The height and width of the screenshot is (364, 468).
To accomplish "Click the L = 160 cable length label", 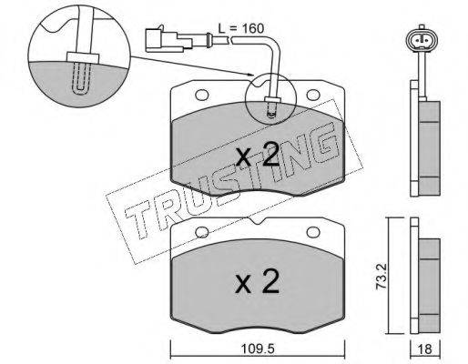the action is coord(241,28).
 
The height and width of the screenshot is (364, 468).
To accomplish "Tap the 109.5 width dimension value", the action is coord(258,349).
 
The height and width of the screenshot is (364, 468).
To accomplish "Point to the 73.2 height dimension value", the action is coord(382,276).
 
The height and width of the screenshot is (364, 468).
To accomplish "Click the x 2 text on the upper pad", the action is coord(258,155).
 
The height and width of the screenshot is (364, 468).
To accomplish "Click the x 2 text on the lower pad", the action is coord(257,281).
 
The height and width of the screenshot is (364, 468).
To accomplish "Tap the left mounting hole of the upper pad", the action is coord(201,95).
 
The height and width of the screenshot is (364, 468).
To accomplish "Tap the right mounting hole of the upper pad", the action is coord(313,95).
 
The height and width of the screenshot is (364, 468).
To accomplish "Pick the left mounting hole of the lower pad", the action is coord(201,232).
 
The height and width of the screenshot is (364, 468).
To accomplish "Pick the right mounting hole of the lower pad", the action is coord(313,232).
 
